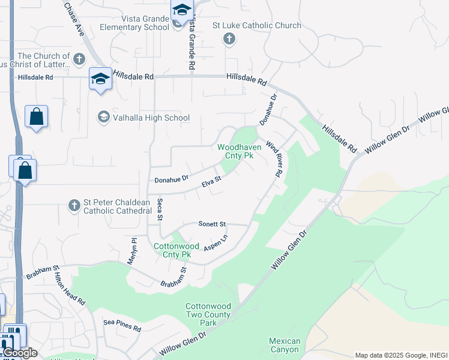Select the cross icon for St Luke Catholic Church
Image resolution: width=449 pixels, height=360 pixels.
click(x=228, y=40)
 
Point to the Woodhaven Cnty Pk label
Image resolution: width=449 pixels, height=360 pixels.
click(x=235, y=151)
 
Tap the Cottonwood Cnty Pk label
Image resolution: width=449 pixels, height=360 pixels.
click(x=176, y=250)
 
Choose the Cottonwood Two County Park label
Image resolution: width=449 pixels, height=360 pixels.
click(x=208, y=314)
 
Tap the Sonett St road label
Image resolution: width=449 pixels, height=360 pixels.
click(x=212, y=224)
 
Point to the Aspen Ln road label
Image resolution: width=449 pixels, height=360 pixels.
click(x=216, y=241)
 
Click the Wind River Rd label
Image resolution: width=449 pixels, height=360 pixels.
click(x=274, y=158)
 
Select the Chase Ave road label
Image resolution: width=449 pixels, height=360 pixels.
click(x=73, y=19)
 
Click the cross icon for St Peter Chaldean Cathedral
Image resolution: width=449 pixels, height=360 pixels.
click(x=74, y=206)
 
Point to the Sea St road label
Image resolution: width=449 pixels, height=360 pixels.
click(x=160, y=210)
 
